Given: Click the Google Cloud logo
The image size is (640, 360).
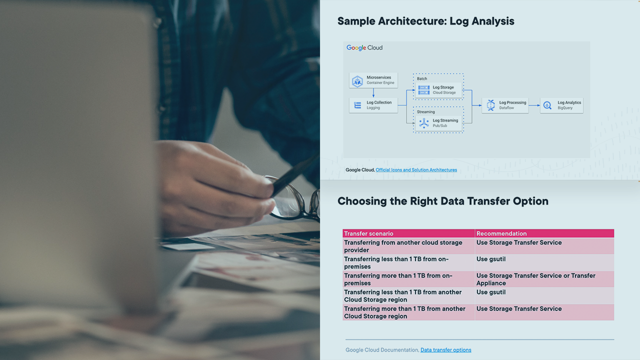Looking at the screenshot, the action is [364, 47].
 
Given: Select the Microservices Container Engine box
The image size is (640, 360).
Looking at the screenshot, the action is [373, 80].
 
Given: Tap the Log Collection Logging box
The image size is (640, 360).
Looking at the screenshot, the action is [373, 105].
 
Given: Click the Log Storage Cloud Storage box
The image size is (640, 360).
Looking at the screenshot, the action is [438, 90].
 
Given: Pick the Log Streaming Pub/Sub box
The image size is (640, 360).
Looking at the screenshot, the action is [438, 123].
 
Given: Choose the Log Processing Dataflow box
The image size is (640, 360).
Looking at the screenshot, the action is [505, 105].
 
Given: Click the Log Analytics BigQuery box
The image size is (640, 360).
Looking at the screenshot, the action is [561, 105].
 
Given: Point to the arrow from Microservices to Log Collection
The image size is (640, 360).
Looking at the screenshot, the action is [373, 92].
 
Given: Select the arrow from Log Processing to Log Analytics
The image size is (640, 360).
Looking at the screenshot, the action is [534, 105].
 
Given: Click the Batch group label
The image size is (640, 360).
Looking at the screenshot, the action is [422, 78].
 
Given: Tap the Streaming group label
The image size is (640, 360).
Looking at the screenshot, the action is [425, 111].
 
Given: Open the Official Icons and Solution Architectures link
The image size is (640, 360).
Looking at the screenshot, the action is [416, 169].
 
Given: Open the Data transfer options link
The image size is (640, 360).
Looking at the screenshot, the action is [445, 350].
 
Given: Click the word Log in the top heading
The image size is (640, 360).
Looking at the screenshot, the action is [459, 21].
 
